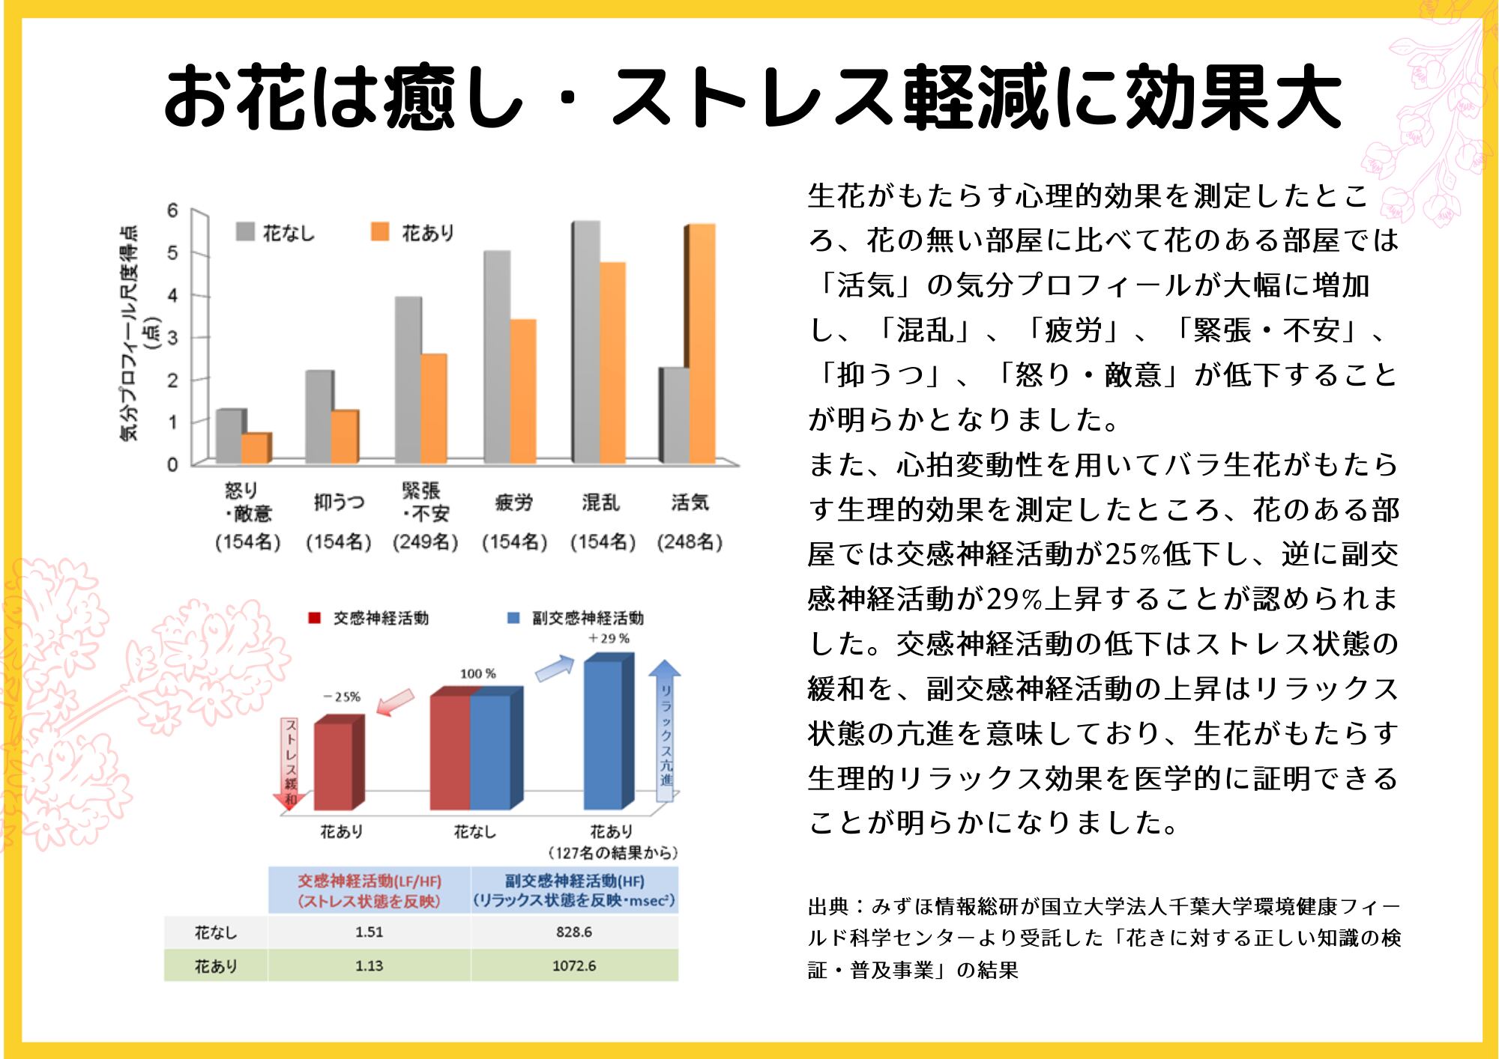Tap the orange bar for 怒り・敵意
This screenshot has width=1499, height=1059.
point(256,448)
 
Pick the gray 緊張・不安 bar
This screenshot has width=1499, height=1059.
point(408,380)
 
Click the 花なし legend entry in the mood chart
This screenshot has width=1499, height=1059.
point(276,233)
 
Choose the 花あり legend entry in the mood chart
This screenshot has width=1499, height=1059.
point(414,233)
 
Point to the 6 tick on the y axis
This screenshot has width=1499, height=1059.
point(173,210)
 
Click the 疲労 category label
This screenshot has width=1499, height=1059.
point(514,503)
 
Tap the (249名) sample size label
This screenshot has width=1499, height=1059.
point(425,541)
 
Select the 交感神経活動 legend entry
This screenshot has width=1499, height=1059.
point(369,618)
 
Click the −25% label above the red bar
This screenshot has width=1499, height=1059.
point(342,697)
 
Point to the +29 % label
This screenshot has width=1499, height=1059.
point(609,638)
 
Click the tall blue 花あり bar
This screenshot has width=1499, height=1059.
point(603,734)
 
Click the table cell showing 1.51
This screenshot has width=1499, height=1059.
point(369,932)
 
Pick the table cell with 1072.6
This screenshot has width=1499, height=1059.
point(574,966)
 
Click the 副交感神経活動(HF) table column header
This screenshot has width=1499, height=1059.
point(574,890)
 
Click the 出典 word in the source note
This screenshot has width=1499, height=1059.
point(827,907)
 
